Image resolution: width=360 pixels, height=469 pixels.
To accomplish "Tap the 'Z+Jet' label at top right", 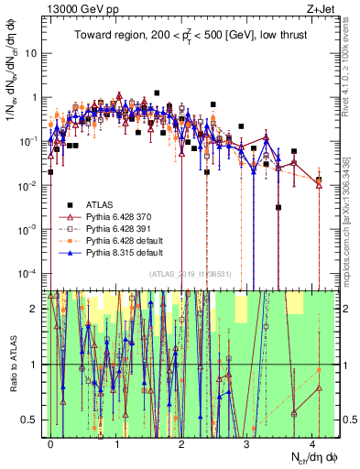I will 319,8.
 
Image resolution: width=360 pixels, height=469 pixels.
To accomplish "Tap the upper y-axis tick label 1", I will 35,97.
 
